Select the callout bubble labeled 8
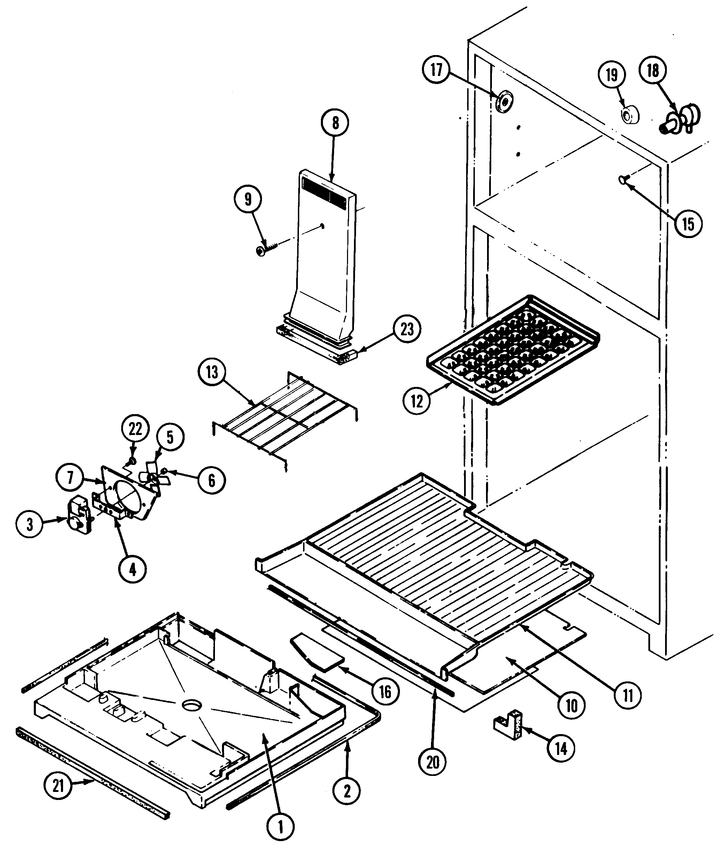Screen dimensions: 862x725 pyautogui.click(x=335, y=123)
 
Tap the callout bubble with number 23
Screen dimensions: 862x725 pyautogui.click(x=407, y=329)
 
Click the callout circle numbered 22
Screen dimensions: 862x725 pyautogui.click(x=135, y=429)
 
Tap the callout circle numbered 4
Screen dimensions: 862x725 pyautogui.click(x=132, y=569)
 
